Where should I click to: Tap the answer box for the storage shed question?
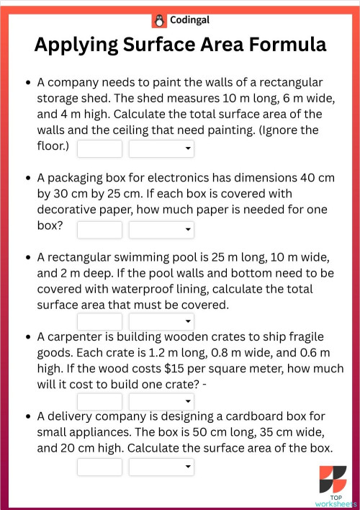pos(100,149)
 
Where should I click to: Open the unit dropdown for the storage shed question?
pos(161,149)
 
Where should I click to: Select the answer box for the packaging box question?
pos(100,230)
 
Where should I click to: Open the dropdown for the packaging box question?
pos(161,230)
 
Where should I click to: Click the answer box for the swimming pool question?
pos(100,321)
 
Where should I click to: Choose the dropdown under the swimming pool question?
pos(161,321)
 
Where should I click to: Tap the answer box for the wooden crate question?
pos(100,401)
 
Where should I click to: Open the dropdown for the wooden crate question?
pos(161,401)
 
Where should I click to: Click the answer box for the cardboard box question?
pos(100,467)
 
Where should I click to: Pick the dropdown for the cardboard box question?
pos(161,467)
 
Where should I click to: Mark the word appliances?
pos(105,431)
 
